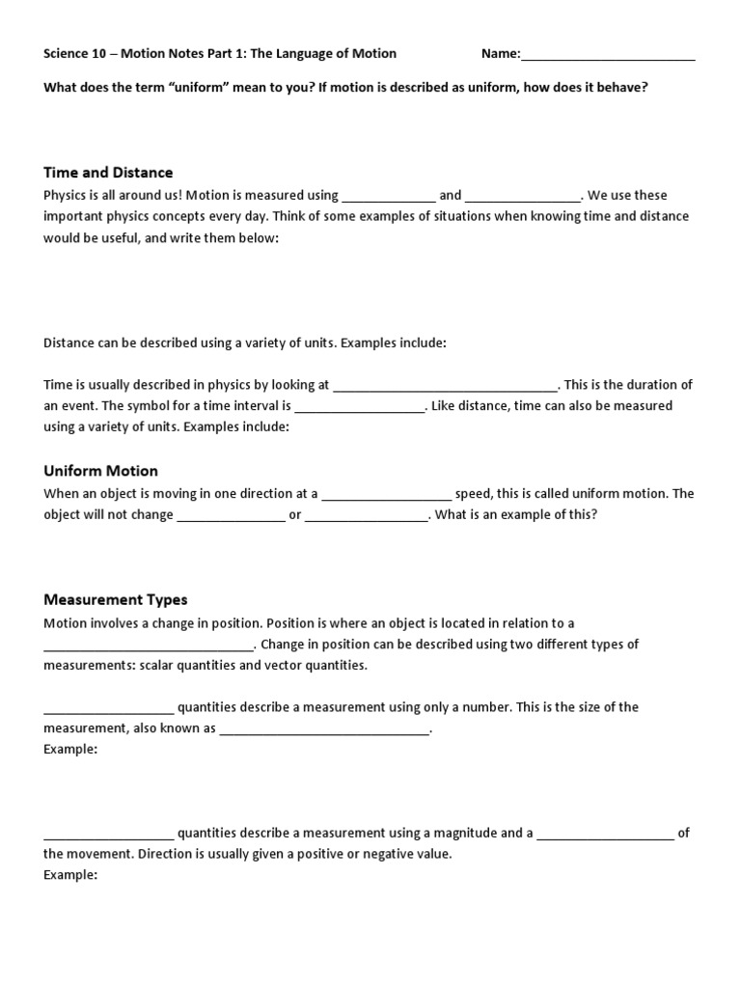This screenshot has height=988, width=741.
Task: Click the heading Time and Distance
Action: (x=108, y=173)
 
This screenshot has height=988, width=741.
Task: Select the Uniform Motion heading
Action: (x=100, y=471)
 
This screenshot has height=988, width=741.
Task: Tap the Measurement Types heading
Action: (x=115, y=600)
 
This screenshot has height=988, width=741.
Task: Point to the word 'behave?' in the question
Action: (x=623, y=87)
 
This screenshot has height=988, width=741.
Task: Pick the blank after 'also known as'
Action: (x=324, y=729)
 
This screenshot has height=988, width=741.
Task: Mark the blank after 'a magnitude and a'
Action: (x=605, y=834)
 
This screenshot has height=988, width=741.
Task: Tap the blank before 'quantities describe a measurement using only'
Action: (x=108, y=708)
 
